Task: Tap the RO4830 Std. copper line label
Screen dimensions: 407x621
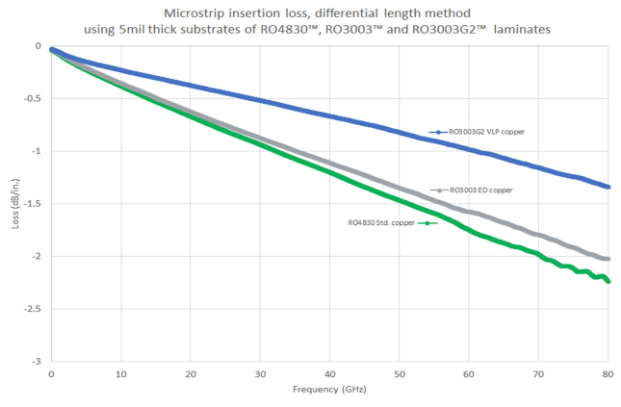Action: [x=380, y=223]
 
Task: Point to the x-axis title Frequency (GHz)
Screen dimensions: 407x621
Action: [x=329, y=391]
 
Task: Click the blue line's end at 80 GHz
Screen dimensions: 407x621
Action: [x=608, y=187]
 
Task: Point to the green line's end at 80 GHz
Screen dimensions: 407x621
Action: [x=608, y=281]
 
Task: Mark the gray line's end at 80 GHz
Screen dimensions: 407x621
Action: [x=608, y=259]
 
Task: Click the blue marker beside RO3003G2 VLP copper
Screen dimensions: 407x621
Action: [x=438, y=132]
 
